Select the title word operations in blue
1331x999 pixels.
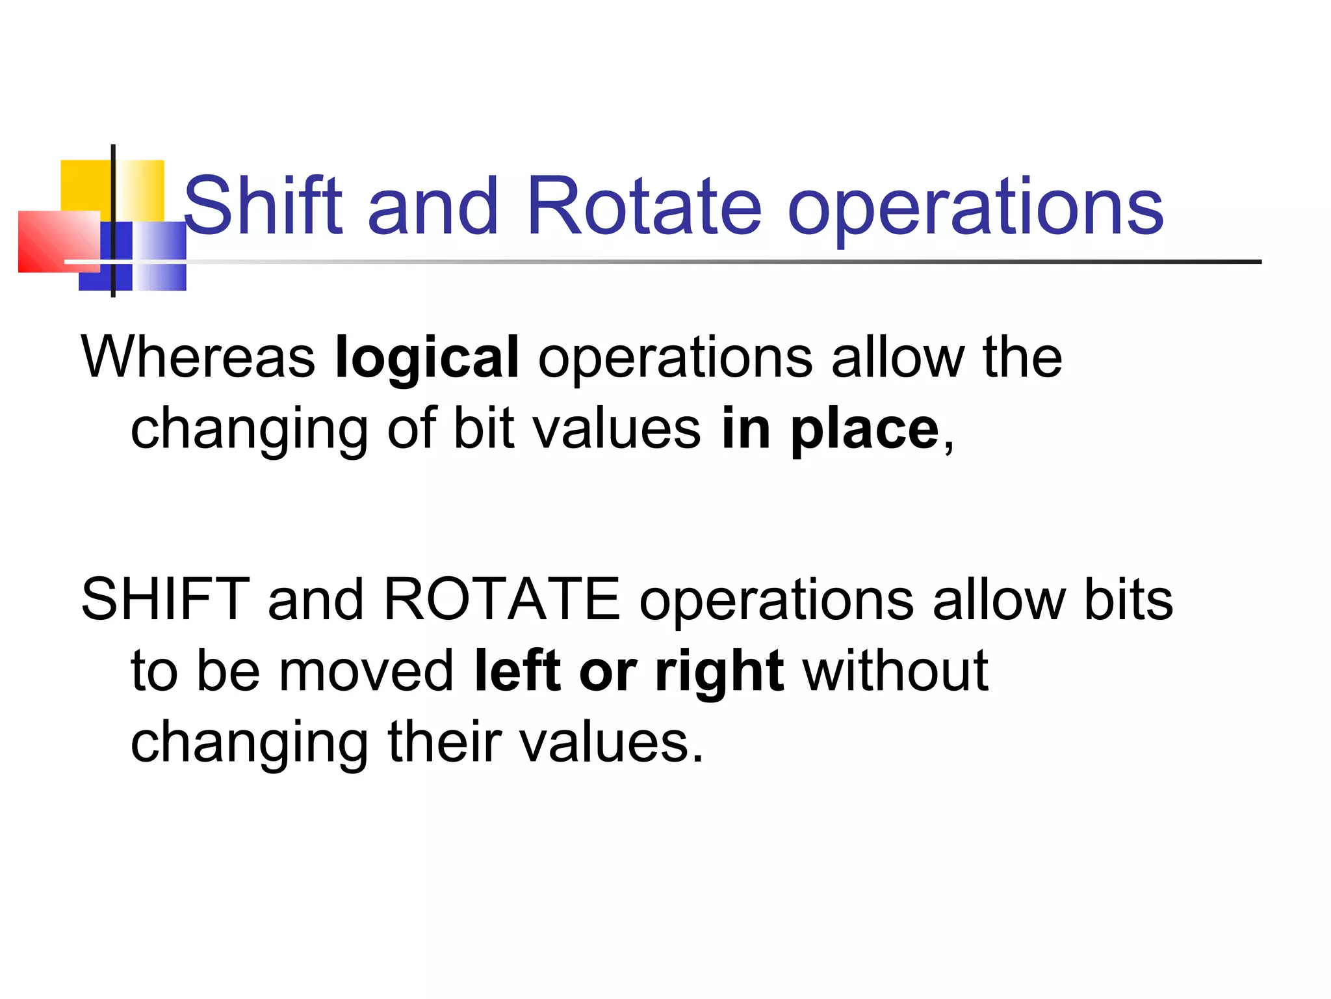click(975, 208)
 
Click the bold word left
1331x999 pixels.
click(517, 671)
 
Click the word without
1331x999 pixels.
click(896, 671)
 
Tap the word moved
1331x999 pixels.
click(367, 671)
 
